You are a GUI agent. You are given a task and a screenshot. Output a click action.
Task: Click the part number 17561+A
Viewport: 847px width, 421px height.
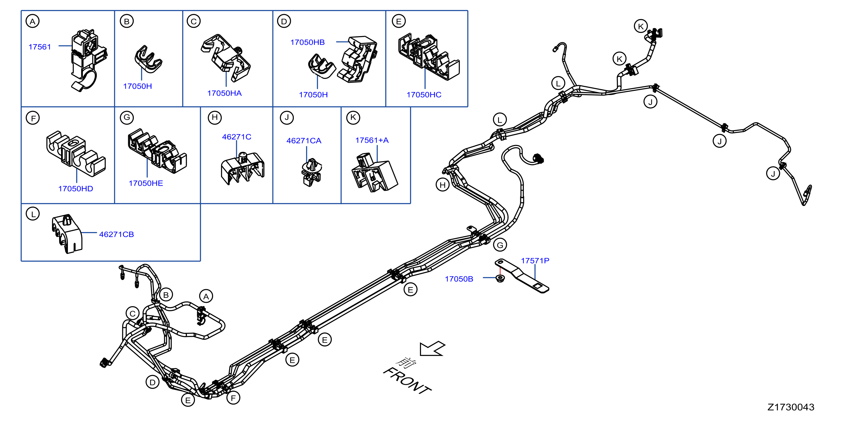[372, 140]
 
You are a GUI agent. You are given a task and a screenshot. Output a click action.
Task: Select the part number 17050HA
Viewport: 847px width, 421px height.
[224, 93]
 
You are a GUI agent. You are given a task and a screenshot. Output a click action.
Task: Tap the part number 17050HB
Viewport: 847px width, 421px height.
[307, 42]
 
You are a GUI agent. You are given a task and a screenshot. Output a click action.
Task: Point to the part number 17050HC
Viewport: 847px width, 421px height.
[424, 95]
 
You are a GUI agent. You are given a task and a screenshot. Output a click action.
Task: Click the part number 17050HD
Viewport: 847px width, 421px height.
[76, 189]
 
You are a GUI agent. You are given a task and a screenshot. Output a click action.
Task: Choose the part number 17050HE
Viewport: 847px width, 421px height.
[146, 183]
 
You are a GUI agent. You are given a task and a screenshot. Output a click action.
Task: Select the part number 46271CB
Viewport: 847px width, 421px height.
[116, 235]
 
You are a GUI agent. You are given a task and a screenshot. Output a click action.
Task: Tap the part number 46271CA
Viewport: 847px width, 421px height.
[304, 141]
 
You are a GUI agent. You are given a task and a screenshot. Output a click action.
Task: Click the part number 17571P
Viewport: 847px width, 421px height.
[535, 261]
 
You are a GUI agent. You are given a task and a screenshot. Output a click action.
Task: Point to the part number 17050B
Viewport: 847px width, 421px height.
[459, 279]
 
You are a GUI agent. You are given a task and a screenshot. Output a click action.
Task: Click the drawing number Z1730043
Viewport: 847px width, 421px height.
[791, 407]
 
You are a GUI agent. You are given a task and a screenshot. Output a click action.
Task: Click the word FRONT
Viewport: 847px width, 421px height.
[407, 381]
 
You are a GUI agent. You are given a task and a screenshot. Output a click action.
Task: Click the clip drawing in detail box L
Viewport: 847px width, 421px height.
[67, 234]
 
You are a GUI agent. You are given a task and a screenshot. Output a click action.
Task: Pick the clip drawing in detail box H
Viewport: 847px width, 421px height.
[243, 168]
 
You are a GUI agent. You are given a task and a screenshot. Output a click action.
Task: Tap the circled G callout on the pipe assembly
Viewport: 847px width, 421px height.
[500, 245]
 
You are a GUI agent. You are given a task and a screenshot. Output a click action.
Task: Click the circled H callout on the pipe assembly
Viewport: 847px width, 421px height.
[443, 185]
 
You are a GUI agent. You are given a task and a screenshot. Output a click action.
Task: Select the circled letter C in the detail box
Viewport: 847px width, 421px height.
[194, 21]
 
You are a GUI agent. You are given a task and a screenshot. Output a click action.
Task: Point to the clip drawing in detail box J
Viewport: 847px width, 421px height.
[311, 172]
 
